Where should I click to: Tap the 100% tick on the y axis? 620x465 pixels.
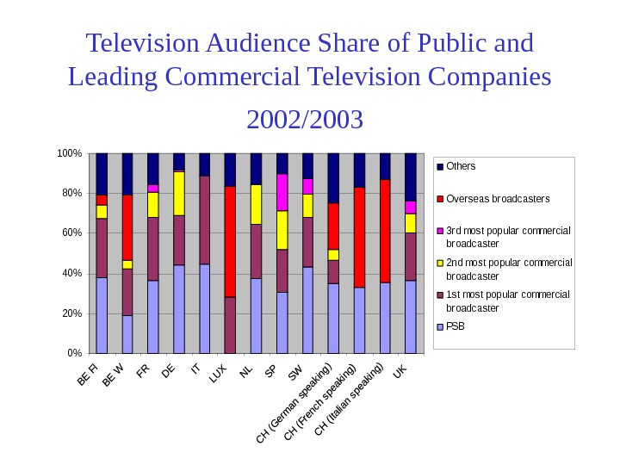pos(69,153)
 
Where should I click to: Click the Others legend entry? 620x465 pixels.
pos(461,166)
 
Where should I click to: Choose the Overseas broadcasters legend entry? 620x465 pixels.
pos(497,199)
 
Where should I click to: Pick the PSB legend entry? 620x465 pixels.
pos(455,327)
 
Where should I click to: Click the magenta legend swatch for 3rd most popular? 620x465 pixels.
pos(440,232)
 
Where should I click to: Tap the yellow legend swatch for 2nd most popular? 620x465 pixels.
pos(440,263)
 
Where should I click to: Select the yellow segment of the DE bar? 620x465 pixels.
pos(179,193)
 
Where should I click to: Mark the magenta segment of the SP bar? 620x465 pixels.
pos(282,192)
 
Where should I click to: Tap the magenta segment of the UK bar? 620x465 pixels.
pos(411,207)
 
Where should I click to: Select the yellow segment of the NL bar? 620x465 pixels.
pos(256,204)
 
